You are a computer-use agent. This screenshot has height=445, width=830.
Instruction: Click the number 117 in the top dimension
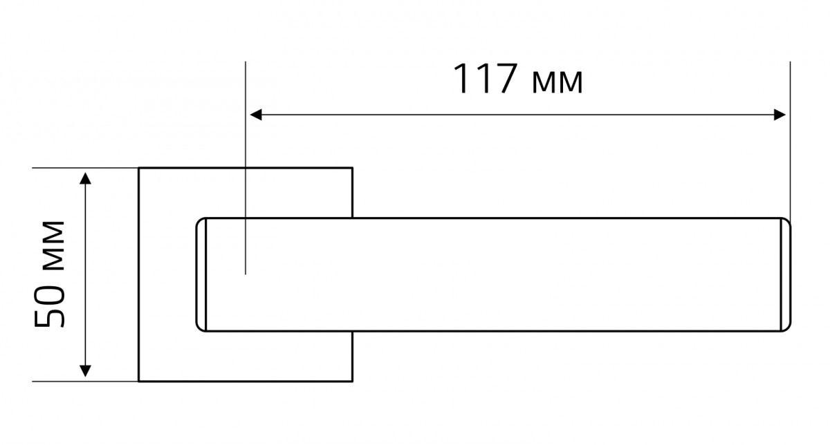(486, 78)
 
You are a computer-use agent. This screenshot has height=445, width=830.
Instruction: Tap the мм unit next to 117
(557, 82)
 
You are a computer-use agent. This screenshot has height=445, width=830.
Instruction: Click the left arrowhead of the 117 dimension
(256, 115)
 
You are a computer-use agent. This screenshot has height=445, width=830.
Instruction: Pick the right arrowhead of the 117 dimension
(780, 115)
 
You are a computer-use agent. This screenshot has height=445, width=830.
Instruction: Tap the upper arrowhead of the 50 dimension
(85, 178)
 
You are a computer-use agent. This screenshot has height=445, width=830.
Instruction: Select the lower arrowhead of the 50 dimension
(85, 371)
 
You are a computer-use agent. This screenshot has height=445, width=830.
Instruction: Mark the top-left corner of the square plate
(139, 168)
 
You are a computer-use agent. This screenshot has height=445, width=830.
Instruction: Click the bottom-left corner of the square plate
(139, 381)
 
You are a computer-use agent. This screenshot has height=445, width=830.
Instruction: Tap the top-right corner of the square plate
(352, 168)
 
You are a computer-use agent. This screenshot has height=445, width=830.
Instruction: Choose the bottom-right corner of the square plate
(352, 381)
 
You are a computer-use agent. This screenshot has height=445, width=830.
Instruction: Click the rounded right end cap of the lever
(786, 274)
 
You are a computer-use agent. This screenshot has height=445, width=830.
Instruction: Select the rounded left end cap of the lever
(201, 274)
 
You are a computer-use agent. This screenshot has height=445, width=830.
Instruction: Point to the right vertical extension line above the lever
(790, 142)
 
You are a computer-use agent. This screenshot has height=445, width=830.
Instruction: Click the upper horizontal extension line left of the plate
(85, 168)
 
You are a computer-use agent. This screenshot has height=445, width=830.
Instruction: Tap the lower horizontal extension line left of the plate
(85, 381)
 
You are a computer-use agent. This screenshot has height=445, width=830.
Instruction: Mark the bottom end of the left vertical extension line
(246, 274)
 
